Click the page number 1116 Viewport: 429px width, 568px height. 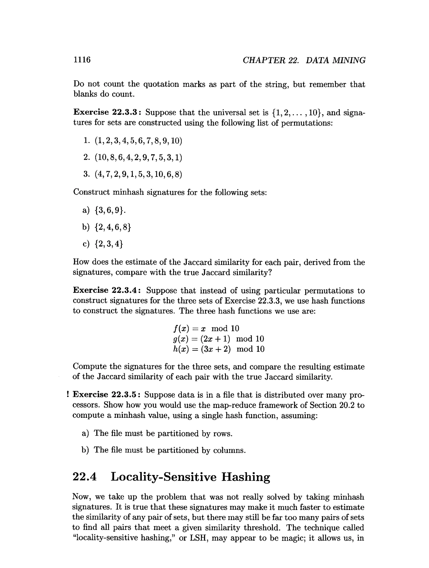click(82, 60)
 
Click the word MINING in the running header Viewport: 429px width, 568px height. click(349, 60)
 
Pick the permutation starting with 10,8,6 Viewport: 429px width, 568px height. click(138, 157)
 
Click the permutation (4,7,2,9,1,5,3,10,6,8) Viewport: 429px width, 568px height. click(138, 174)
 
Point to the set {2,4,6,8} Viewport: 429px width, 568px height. click(112, 227)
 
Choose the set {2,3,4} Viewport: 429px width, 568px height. click(109, 244)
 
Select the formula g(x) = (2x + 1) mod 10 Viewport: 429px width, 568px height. click(218, 339)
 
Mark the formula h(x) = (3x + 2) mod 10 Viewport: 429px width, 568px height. click(219, 349)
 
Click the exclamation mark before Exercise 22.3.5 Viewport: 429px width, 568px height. click(68, 394)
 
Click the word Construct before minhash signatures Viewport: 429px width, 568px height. click(91, 192)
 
